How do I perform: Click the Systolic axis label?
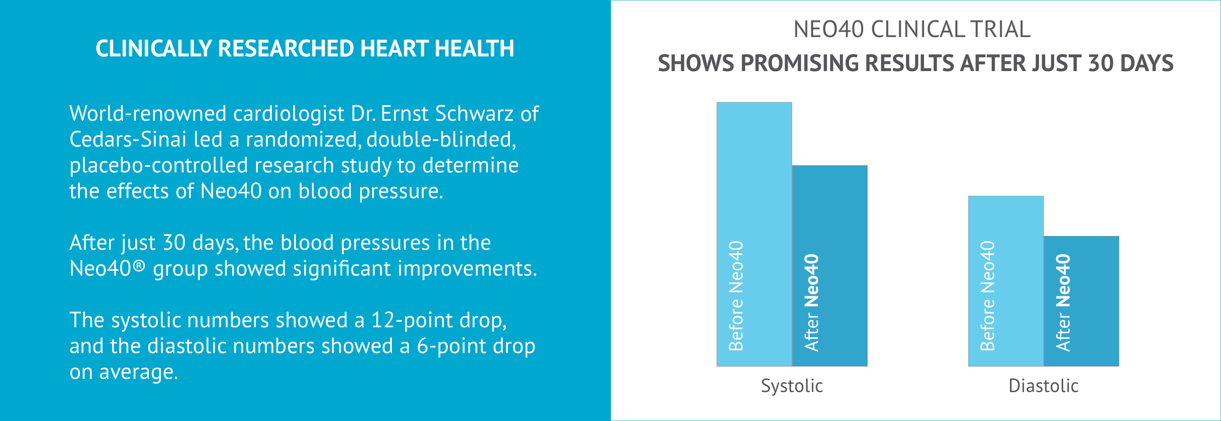792,386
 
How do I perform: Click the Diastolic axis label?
1043,386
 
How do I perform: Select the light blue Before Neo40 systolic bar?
754,234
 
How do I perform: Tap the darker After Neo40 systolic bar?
830,266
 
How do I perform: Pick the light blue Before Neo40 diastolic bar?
1006,281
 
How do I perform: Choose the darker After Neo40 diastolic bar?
1081,301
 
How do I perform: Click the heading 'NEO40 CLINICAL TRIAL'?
912,29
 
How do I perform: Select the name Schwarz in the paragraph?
474,114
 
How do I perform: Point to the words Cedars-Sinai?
128,140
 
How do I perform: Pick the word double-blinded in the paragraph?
441,140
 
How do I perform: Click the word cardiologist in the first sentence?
288,114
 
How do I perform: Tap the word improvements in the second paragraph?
467,269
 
